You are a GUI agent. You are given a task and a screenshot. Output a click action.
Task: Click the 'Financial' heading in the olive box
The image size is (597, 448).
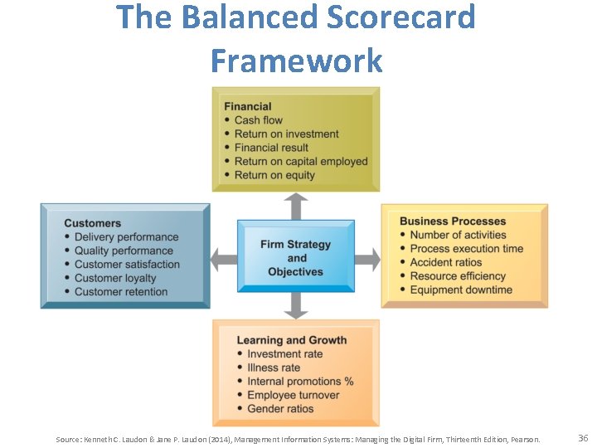point(247,106)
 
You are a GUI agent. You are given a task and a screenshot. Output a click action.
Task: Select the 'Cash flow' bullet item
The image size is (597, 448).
point(258,120)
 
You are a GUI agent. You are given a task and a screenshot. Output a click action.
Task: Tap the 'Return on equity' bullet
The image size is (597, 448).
point(274,175)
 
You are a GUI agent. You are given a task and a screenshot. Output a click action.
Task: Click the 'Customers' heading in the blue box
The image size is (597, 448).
point(92,223)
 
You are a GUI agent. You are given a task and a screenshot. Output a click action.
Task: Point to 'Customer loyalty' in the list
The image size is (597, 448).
point(115,278)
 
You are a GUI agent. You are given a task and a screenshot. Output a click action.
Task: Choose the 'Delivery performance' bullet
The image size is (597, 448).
point(126,237)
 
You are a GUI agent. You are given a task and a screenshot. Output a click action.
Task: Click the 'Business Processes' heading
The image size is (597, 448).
point(452,222)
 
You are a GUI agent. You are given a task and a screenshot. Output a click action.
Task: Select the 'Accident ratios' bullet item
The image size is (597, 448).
point(445,262)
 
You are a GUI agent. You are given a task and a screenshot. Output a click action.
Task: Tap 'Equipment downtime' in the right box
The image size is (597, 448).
point(461,290)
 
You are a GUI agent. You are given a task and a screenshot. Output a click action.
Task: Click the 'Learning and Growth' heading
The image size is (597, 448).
point(291,340)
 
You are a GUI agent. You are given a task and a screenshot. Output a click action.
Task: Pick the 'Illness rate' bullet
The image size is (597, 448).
point(274,368)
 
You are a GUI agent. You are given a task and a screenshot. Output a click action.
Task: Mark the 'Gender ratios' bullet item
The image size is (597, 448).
point(280,408)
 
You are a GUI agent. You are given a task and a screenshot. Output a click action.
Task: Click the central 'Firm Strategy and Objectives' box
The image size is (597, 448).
point(295,258)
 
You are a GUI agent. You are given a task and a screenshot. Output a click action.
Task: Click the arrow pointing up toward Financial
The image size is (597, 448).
point(295,206)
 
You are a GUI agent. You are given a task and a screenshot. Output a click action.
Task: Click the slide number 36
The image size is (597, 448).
point(582,438)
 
